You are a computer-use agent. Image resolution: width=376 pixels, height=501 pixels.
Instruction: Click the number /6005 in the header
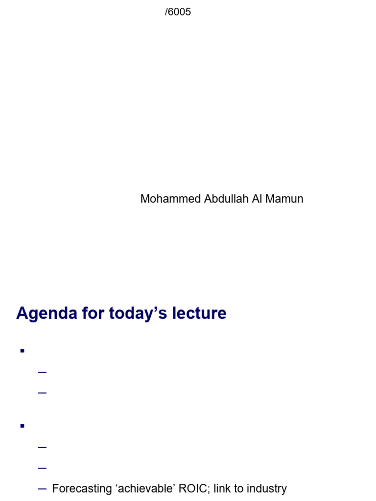point(178,12)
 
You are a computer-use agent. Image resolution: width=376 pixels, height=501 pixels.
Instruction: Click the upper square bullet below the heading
point(22,350)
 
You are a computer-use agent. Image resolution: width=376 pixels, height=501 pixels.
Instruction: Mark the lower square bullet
point(22,426)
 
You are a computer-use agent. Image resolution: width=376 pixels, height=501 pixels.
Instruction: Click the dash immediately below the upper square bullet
point(42,372)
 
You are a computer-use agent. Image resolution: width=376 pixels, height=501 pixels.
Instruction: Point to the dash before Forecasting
point(42,489)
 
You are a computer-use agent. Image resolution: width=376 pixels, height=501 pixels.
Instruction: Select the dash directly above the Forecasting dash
point(42,468)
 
